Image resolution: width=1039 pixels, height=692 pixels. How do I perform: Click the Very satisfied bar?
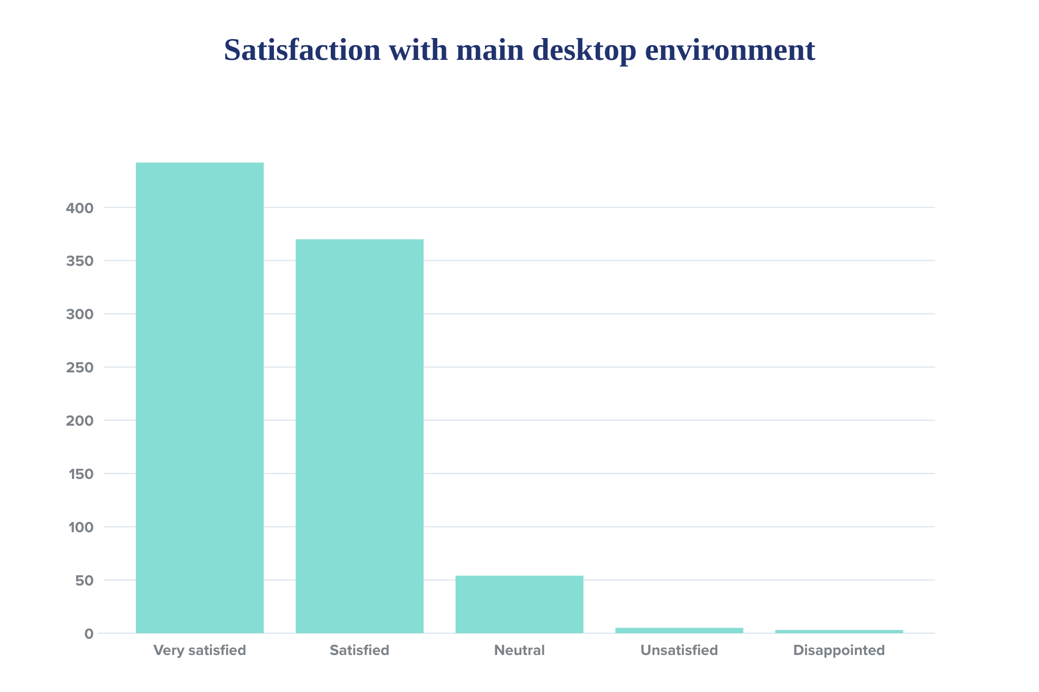[x=199, y=398]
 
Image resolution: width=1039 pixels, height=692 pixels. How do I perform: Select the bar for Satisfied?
[x=359, y=436]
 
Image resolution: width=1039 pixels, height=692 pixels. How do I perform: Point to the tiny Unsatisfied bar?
[x=679, y=630]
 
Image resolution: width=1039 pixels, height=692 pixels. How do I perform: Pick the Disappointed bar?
[x=839, y=631]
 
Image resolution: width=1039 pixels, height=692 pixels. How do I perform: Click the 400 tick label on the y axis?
[x=80, y=208]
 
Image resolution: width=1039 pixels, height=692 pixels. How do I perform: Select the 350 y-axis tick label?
[x=80, y=261]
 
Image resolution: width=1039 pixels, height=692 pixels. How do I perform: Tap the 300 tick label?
[x=80, y=315]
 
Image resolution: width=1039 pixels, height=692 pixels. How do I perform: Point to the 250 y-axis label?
[x=80, y=368]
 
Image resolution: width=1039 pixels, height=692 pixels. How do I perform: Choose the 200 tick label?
[x=80, y=421]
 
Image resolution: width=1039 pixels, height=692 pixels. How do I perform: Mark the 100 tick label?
[x=81, y=528]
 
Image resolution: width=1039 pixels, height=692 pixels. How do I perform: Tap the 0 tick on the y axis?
[x=89, y=634]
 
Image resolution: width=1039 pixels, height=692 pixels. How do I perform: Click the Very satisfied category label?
[x=199, y=650]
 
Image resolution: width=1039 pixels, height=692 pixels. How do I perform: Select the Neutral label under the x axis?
[x=519, y=650]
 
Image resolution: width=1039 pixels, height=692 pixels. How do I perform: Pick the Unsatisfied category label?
[x=679, y=650]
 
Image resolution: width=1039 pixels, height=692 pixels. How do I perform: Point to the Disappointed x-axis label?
[x=839, y=650]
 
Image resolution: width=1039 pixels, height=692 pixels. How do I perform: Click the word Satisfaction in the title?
[x=302, y=50]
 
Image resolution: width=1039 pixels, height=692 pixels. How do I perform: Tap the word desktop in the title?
[x=584, y=51]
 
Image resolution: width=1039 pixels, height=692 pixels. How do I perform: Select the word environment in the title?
[x=730, y=50]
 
